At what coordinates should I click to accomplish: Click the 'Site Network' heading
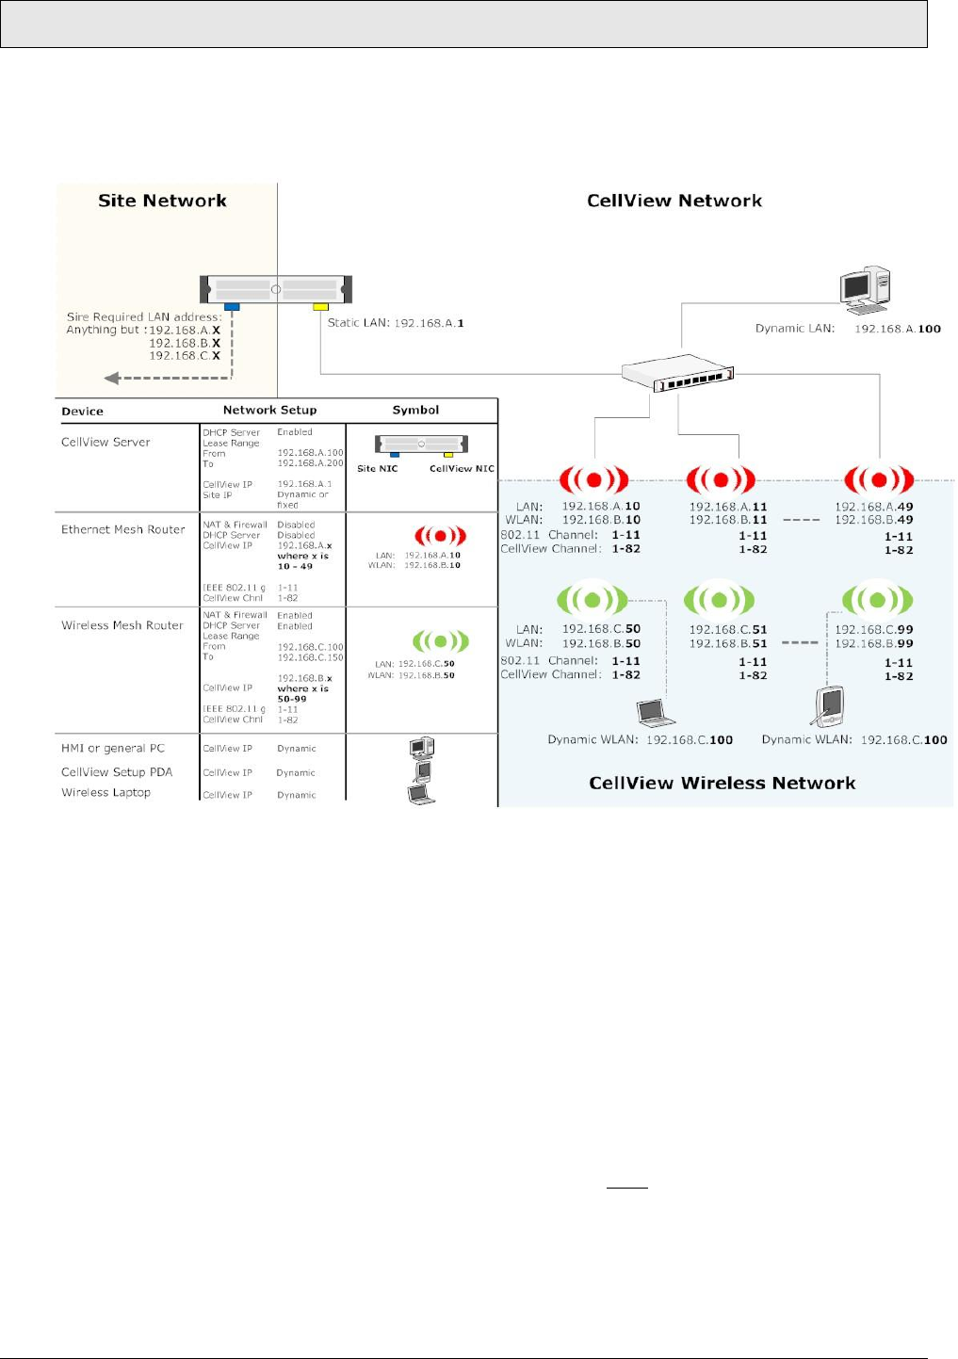162,201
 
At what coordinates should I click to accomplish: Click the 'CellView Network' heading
674,201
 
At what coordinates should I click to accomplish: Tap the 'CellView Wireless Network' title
722,783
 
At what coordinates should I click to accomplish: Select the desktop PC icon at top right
865,289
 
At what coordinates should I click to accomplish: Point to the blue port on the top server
232,306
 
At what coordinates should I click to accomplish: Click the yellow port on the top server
320,306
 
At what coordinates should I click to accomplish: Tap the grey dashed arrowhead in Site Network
111,378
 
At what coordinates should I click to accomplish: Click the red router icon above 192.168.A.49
878,479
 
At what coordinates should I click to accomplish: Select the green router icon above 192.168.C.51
719,599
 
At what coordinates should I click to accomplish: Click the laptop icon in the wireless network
656,713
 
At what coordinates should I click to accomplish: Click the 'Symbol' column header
415,410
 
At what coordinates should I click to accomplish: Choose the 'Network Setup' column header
269,410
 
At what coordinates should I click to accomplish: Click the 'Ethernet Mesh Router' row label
123,529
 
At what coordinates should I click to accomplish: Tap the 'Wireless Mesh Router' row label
122,625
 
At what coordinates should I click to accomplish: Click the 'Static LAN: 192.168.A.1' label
396,323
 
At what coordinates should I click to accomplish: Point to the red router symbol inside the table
440,536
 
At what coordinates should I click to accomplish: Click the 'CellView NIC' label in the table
462,468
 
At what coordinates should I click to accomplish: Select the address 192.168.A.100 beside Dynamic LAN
897,329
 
